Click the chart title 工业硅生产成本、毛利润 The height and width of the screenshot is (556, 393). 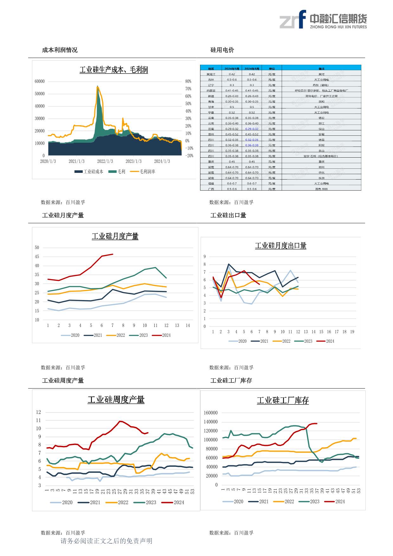pos(113,70)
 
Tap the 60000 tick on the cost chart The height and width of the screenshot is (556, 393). pos(40,82)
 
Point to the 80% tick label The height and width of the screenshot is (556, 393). pos(188,82)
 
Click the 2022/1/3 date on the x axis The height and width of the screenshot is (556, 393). pos(105,161)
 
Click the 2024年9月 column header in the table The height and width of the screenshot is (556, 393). pos(232,69)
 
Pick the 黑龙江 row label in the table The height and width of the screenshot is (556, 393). pos(211,74)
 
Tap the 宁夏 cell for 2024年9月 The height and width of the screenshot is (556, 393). pos(232,112)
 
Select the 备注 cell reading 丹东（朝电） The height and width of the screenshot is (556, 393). pos(321,85)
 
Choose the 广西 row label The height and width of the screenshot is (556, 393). pos(211,189)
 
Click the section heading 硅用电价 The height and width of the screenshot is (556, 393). pos(222,50)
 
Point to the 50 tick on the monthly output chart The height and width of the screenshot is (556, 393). pos(37,248)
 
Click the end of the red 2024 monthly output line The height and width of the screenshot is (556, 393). pos(113,254)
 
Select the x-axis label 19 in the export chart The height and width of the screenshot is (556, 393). pos(352,332)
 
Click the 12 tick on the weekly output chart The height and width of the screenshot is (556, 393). pos(38,412)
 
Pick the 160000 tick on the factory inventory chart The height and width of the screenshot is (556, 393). pos(211,413)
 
